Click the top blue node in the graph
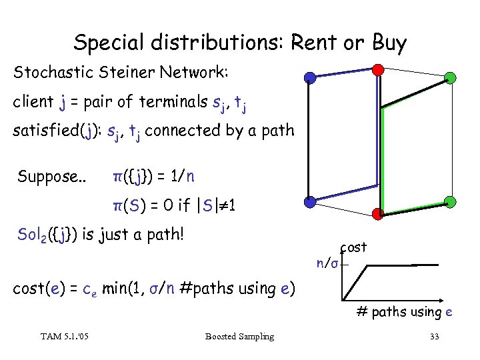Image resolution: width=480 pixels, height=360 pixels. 310,78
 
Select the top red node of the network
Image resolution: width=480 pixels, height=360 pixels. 378,69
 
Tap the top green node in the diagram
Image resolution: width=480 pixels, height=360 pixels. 450,78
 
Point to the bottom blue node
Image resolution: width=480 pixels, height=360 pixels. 310,201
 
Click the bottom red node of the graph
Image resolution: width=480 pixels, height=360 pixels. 378,213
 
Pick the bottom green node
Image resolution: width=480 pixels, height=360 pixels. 450,201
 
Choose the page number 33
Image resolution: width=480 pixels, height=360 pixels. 434,337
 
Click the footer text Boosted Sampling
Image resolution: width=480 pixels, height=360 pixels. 239,337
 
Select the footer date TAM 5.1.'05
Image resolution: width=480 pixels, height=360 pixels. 64,337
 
